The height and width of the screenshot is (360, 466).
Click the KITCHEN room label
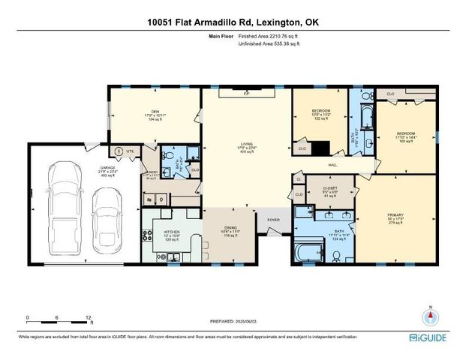[172, 232]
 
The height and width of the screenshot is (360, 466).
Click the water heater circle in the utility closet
[118, 151]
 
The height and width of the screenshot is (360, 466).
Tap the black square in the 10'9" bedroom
[320, 147]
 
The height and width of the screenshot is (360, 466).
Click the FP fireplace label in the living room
[246, 94]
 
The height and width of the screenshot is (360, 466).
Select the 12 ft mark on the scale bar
[89, 318]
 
